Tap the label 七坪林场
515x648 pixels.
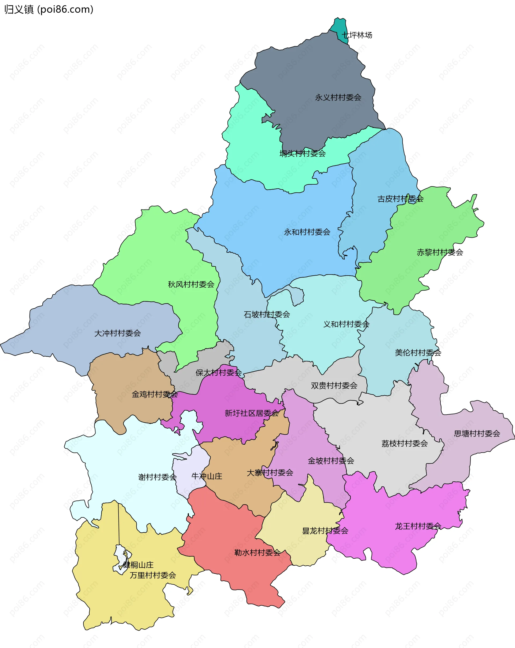[357, 35]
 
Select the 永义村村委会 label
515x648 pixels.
[338, 97]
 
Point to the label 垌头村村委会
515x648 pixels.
[303, 153]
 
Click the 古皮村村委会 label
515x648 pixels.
[400, 199]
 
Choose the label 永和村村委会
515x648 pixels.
[307, 232]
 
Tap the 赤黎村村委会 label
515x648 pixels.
[440, 252]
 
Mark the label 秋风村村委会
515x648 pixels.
[191, 284]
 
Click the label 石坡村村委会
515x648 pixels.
[267, 314]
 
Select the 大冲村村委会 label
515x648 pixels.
[117, 333]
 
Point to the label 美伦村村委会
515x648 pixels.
[418, 353]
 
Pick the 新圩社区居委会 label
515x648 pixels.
[252, 413]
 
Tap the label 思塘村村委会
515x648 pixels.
[477, 433]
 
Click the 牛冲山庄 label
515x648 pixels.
[207, 476]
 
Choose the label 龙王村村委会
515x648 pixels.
[418, 526]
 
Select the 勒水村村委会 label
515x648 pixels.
[257, 552]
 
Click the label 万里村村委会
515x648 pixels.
[153, 575]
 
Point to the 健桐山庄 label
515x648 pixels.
[138, 565]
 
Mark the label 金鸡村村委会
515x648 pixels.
[155, 394]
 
